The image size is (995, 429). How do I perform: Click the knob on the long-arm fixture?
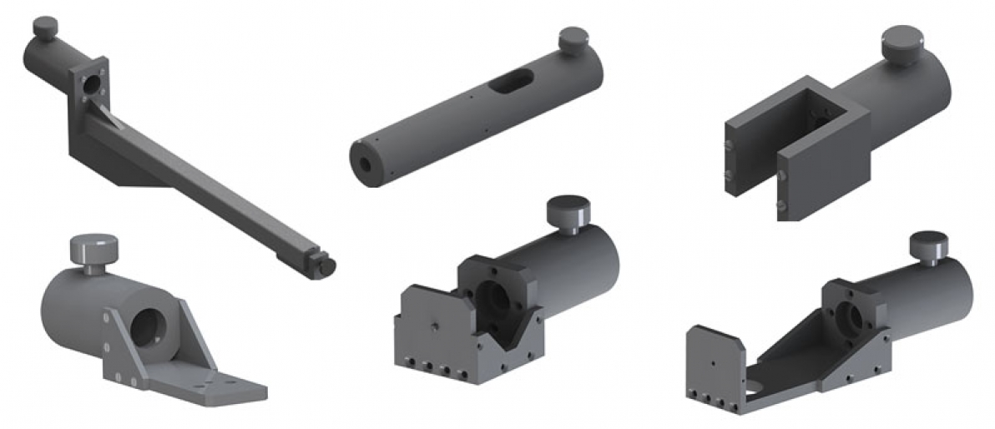(x=43, y=28)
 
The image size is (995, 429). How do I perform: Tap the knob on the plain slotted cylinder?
(x=573, y=40)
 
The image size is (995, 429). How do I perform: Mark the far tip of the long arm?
(x=325, y=265)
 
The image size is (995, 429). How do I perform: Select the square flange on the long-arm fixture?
(x=90, y=83)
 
